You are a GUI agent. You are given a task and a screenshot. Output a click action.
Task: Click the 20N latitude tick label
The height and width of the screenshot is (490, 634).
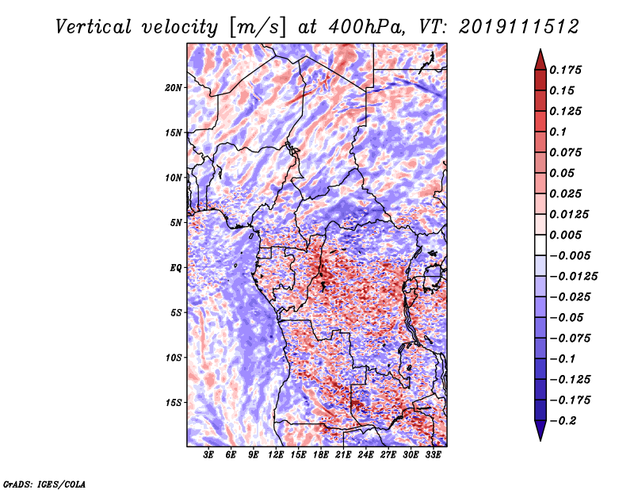[174, 88]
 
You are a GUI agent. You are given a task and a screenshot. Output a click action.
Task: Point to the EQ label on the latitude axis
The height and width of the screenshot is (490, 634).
[175, 268]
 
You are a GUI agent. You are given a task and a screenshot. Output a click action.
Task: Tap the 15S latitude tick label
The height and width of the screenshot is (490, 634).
[174, 403]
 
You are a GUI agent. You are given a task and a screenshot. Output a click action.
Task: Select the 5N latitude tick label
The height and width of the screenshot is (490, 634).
[176, 223]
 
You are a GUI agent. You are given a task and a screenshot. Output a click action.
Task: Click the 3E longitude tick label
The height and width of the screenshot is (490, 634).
[208, 455]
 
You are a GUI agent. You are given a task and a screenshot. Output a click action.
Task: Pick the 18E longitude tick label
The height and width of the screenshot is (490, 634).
[321, 455]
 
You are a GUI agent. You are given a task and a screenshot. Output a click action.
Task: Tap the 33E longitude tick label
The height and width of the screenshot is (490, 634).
[433, 455]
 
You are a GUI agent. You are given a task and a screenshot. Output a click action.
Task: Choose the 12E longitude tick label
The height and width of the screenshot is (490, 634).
[276, 455]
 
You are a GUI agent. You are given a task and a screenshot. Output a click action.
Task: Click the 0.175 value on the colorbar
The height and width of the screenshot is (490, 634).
[565, 70]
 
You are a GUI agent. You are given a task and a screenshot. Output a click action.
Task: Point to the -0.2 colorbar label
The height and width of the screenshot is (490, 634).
[562, 421]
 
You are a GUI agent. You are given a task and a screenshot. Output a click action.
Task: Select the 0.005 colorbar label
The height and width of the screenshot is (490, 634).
[565, 235]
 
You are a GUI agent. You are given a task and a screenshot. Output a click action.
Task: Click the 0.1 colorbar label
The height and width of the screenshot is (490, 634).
[558, 132]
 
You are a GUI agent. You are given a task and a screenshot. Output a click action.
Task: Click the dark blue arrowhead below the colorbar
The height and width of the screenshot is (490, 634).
[540, 430]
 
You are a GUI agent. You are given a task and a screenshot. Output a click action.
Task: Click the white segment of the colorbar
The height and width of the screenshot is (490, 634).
[540, 245]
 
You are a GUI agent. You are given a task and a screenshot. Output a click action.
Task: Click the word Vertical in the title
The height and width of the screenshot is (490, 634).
[94, 27]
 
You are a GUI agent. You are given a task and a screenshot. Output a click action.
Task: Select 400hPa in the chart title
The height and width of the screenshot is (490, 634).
[367, 27]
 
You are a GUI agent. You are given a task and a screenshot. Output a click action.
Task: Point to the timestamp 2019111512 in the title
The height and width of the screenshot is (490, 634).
[519, 27]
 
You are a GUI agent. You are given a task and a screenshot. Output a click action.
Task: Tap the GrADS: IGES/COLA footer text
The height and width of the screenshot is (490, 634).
[44, 484]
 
